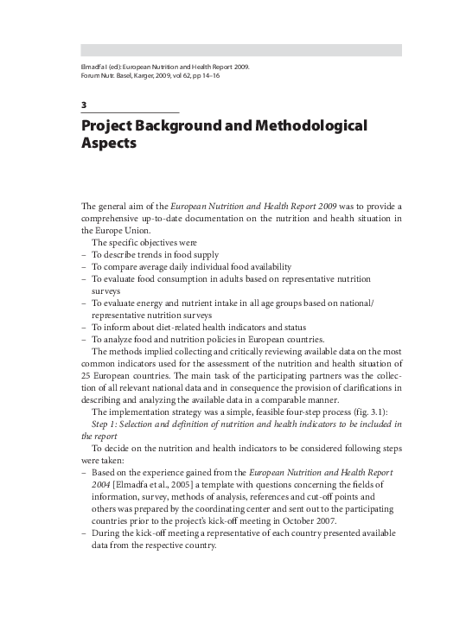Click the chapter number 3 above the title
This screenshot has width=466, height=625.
[83, 105]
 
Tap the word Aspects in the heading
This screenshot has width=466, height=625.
[109, 144]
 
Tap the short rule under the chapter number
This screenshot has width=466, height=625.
[130, 113]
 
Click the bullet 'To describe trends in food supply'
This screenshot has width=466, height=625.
[155, 255]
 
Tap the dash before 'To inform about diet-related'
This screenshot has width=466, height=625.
[84, 328]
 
